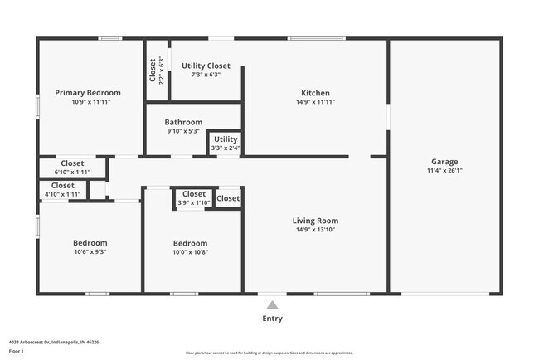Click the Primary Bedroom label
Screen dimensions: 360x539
pos(88,93)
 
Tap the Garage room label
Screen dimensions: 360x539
pos(444,162)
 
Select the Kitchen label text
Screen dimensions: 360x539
pos(315,93)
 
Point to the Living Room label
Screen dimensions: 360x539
pos(315,221)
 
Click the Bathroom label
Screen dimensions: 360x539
pos(182,122)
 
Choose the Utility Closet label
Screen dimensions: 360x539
pos(206,66)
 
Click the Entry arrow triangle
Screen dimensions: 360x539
pos(272,304)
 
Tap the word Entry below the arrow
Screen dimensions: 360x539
pos(272,319)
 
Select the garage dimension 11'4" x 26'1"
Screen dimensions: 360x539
pos(444,172)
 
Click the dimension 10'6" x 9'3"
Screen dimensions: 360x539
pos(90,252)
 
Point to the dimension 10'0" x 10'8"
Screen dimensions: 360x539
pos(190,252)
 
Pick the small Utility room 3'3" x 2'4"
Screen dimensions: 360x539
pos(225,144)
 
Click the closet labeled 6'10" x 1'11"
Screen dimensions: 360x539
pos(72,168)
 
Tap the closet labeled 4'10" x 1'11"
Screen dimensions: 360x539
pos(62,190)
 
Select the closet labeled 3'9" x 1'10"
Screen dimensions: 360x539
pos(193,198)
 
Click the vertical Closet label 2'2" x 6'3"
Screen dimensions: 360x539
pos(157,71)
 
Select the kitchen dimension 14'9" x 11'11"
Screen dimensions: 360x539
pos(315,102)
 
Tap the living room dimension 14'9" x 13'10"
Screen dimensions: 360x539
pos(315,230)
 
